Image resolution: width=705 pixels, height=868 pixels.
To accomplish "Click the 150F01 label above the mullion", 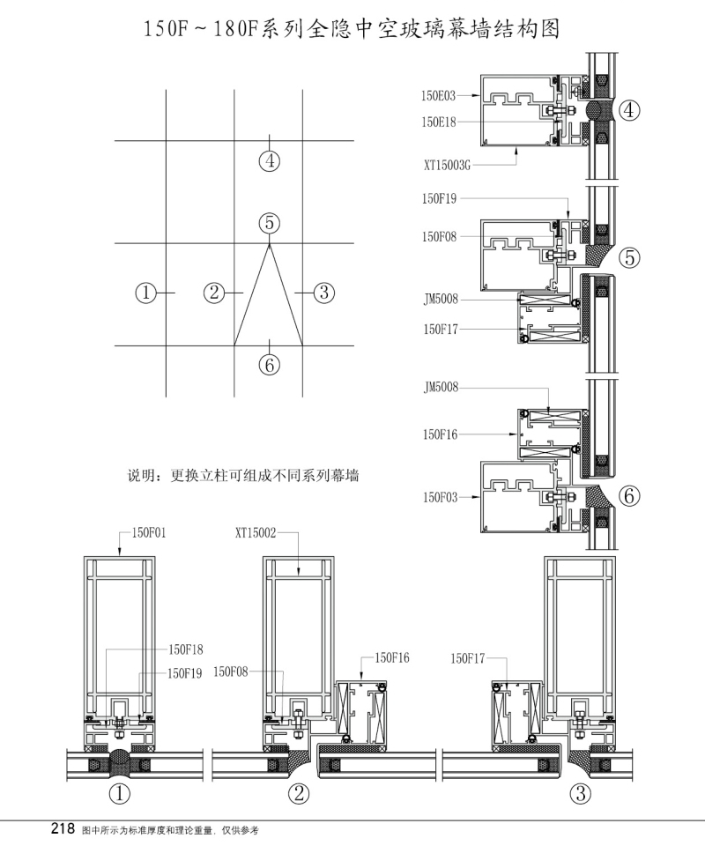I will point(149,532).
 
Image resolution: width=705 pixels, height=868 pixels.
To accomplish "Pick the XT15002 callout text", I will point(256,532).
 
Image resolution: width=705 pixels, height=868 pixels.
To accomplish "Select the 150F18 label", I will point(186,649).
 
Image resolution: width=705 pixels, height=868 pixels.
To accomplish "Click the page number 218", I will point(63,829).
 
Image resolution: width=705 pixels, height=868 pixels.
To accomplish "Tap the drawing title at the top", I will point(352,29).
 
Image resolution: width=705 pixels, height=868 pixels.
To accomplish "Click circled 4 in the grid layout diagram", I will point(270,161).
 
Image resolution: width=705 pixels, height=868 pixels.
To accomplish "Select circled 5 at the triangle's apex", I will point(270,224).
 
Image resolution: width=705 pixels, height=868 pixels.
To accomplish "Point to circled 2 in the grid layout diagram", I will point(214,292).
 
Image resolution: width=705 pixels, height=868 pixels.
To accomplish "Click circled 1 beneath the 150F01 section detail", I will point(119,794).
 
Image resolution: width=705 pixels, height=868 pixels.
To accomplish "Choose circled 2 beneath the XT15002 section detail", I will point(300,794).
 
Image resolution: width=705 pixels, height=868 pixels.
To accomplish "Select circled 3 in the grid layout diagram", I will point(324,292).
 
